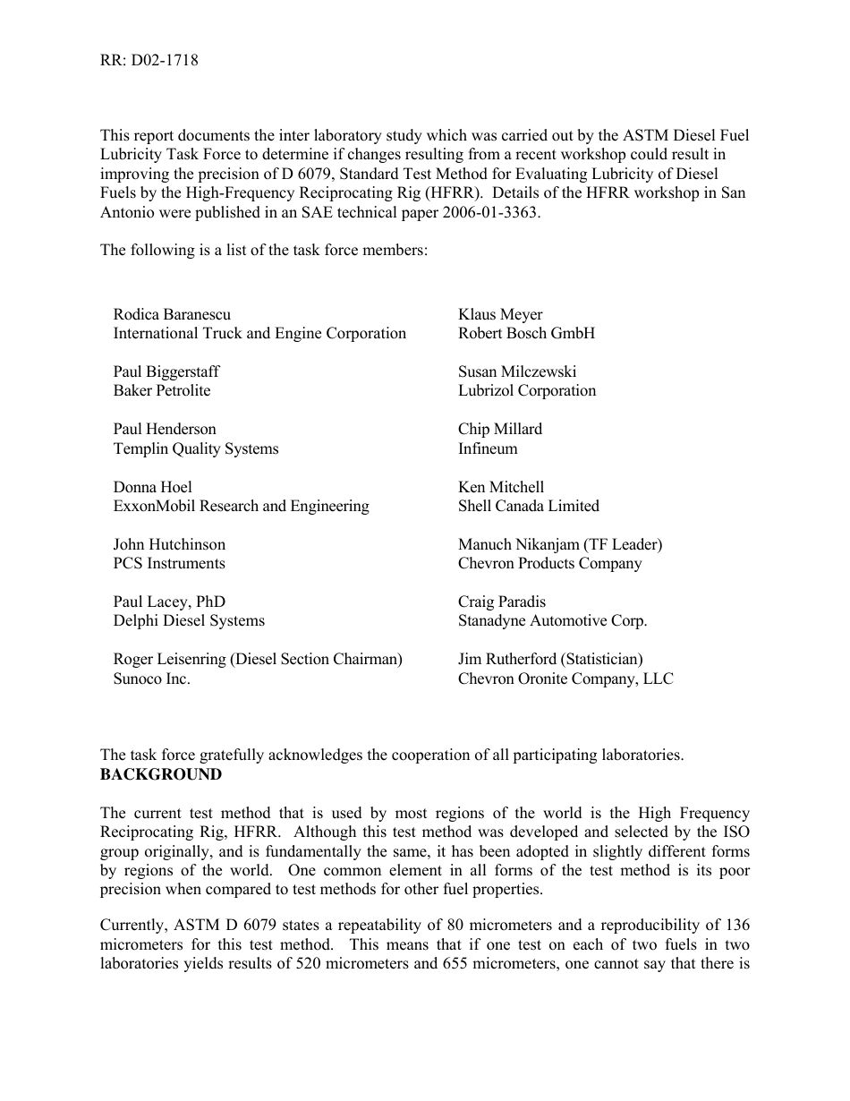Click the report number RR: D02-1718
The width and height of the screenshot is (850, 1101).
[x=149, y=61]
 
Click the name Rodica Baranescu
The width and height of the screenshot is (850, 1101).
[x=172, y=314]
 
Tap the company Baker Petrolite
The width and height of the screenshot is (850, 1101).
[x=162, y=390]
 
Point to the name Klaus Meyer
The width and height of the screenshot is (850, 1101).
[x=500, y=314]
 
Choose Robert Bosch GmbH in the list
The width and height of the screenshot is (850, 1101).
[x=526, y=333]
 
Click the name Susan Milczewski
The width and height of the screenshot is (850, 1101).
[x=517, y=371]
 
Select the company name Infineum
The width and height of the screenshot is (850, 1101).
[x=488, y=448]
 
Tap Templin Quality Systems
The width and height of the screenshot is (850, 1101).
[x=196, y=448]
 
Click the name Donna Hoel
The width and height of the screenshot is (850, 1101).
[x=153, y=487]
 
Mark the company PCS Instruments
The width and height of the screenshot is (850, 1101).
[x=169, y=563]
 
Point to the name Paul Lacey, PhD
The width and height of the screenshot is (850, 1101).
[x=169, y=602]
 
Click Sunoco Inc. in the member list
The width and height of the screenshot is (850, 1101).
[x=152, y=679]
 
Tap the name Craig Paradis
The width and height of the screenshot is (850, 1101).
[x=502, y=602]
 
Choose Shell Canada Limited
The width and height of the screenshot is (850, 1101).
[x=529, y=506]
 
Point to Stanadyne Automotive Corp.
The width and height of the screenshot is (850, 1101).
[x=553, y=620]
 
